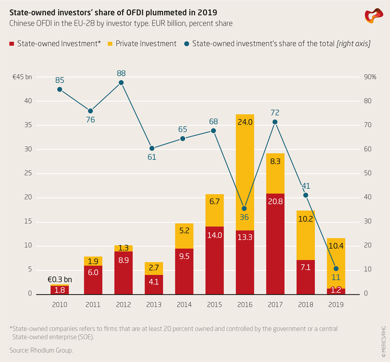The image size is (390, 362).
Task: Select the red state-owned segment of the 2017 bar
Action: [x=275, y=244]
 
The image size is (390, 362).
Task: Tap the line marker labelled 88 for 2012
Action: [x=121, y=83]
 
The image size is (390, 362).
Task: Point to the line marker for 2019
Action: [x=336, y=269]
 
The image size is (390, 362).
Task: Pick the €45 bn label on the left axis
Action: [x=22, y=77]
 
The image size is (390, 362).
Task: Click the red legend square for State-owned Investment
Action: [x=11, y=44]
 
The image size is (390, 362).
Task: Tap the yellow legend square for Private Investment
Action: [x=110, y=44]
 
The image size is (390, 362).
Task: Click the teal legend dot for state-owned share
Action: [x=186, y=44]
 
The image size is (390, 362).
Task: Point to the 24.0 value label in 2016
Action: [x=245, y=122]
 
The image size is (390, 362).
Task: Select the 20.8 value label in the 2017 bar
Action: [x=275, y=202]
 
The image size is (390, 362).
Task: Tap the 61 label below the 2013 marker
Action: [x=152, y=157]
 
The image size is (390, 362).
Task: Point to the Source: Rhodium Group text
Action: [x=41, y=350]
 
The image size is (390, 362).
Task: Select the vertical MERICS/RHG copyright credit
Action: [x=384, y=336]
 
